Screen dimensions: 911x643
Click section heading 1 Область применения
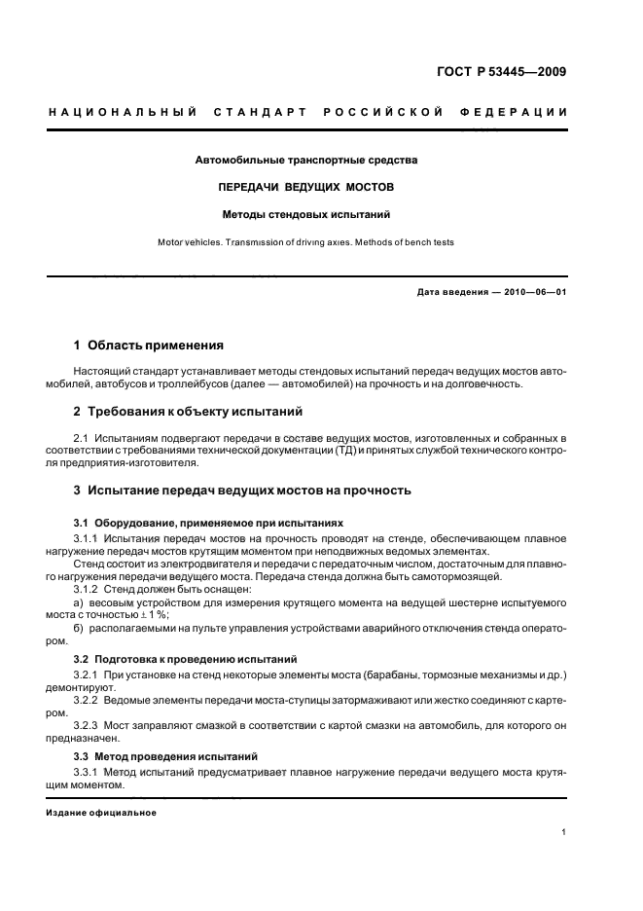149,345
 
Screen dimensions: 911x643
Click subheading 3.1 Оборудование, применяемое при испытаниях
208,523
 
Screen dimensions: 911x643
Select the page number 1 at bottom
564,832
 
